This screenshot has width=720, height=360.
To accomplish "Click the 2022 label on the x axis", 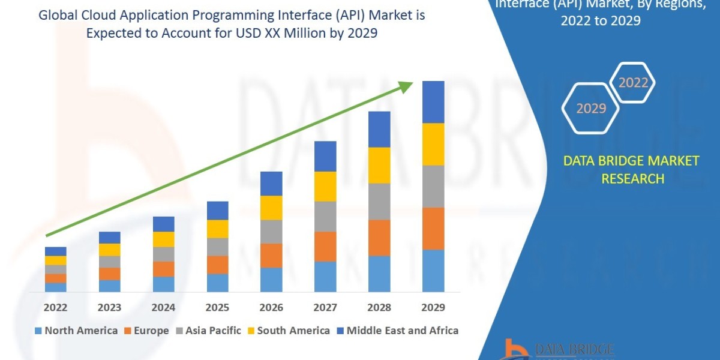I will pos(56,307).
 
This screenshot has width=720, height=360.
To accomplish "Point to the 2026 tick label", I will pos(271,307).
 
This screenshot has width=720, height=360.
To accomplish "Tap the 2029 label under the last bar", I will pos(433,307).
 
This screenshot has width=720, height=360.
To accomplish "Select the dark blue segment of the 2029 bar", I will pos(433,102).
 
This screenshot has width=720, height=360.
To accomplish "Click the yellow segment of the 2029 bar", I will pos(433,144).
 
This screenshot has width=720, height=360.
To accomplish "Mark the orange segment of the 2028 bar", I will pos(379,238).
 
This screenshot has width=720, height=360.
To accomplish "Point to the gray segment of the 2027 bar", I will pos(325,216).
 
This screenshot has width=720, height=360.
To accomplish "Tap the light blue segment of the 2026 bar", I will pos(271,280).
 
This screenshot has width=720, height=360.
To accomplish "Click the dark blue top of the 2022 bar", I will pos(56,251).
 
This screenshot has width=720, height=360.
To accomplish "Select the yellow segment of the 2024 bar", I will pos(164,239).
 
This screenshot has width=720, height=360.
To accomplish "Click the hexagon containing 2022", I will pos(632,83).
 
